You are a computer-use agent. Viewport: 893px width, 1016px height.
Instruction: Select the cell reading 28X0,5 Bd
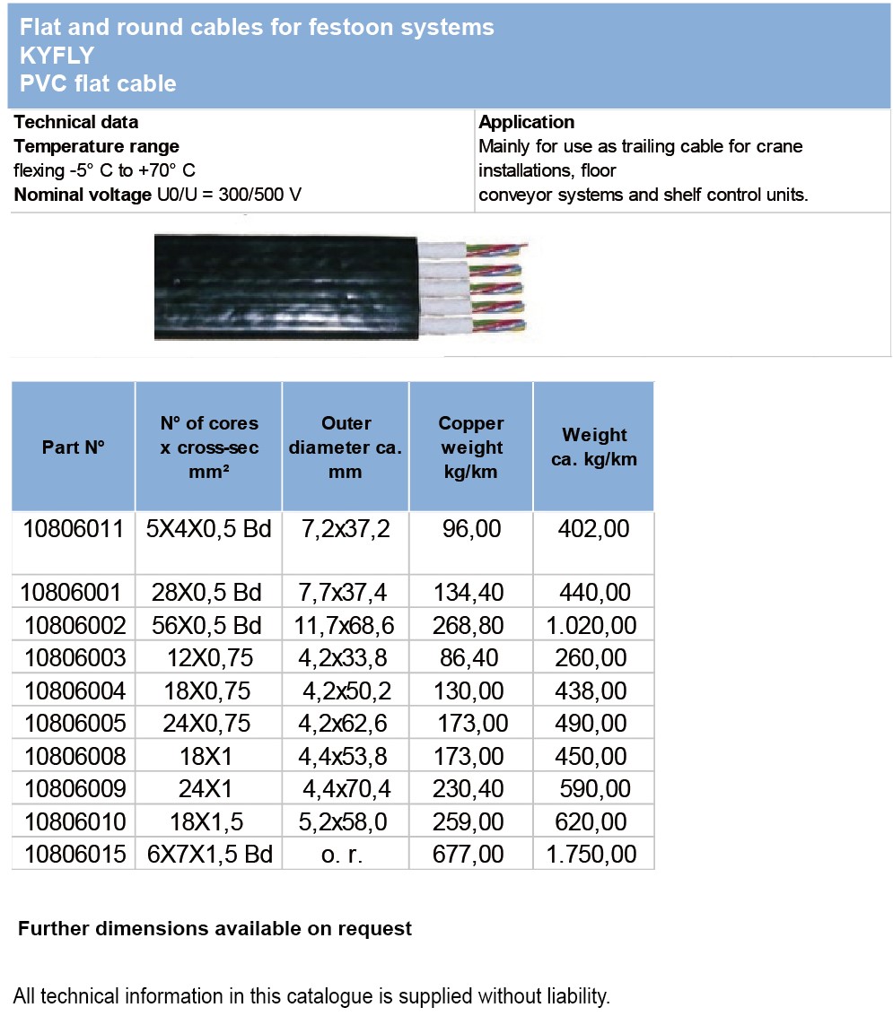pyautogui.click(x=208, y=592)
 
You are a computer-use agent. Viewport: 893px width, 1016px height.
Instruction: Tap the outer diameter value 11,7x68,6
pyautogui.click(x=345, y=625)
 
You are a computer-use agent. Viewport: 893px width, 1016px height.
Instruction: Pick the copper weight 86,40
pyautogui.click(x=471, y=658)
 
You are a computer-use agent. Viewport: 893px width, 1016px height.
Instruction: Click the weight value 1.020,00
pyautogui.click(x=592, y=625)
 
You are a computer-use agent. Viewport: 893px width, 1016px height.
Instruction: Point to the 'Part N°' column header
pyautogui.click(x=73, y=447)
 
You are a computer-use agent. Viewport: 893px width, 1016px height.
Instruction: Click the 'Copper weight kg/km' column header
pyautogui.click(x=471, y=447)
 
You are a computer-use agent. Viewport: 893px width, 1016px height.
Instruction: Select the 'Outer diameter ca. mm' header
pyautogui.click(x=345, y=447)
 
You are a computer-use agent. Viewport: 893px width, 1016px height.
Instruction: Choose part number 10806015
pyautogui.click(x=74, y=855)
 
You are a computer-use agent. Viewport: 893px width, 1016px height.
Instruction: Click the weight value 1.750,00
pyautogui.click(x=592, y=855)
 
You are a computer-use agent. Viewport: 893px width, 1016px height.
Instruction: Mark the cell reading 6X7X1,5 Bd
pyautogui.click(x=208, y=855)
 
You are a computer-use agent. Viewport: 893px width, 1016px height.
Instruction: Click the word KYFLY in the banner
pyautogui.click(x=57, y=56)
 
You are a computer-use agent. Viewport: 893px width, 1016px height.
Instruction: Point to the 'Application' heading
pyautogui.click(x=527, y=122)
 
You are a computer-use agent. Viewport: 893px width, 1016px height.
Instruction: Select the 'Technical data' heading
pyautogui.click(x=76, y=122)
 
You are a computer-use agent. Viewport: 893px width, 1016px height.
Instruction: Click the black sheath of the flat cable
pyautogui.click(x=278, y=287)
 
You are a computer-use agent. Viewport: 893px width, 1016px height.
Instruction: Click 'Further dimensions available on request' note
pyautogui.click(x=214, y=929)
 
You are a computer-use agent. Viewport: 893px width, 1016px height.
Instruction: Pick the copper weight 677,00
pyautogui.click(x=471, y=855)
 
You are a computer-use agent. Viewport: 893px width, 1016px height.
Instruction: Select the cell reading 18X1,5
pyautogui.click(x=208, y=821)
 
